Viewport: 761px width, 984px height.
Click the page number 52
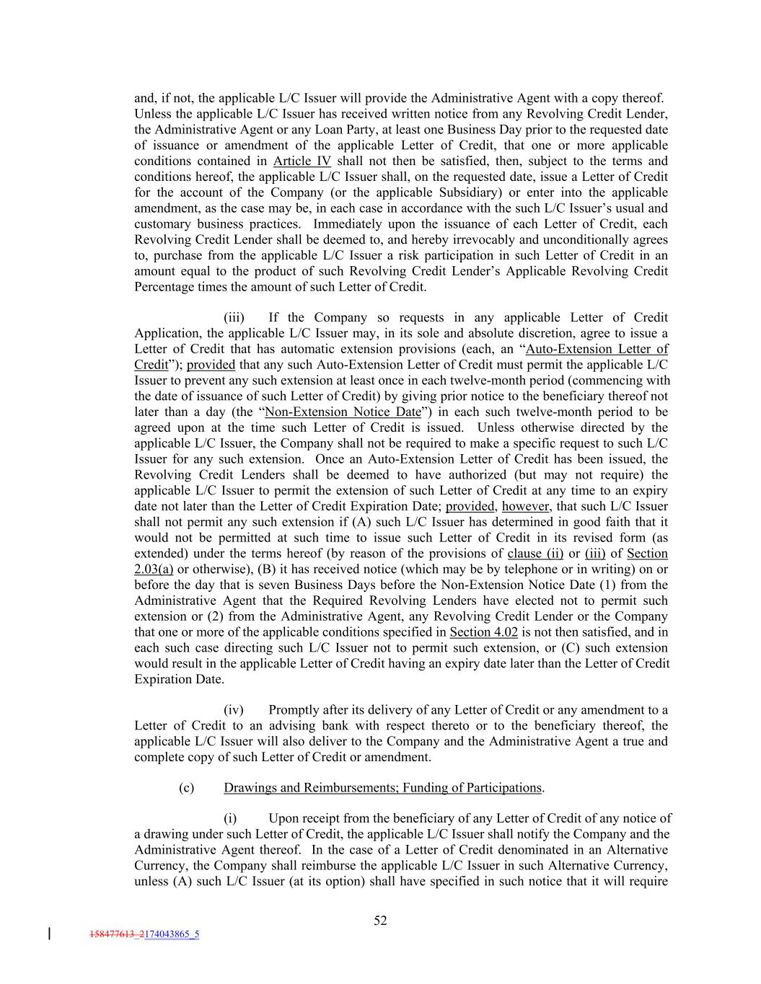click(380, 920)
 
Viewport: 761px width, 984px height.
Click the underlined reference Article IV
click(302, 161)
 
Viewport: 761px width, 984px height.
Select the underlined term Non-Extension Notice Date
click(343, 412)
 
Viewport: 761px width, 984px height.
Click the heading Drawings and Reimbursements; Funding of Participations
click(382, 787)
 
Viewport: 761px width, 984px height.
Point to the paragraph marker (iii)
click(234, 317)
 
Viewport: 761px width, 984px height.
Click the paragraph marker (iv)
click(234, 710)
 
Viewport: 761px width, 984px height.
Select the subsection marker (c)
click(186, 787)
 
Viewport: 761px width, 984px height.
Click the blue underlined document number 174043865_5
click(172, 935)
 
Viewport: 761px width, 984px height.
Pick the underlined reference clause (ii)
click(535, 553)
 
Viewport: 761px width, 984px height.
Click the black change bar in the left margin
click(49, 934)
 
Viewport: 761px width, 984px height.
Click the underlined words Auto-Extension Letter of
click(597, 349)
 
